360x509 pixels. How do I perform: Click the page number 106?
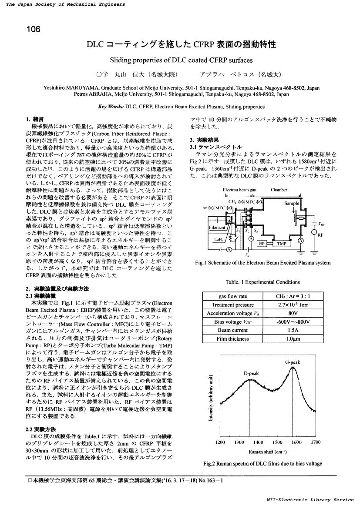tap(33, 30)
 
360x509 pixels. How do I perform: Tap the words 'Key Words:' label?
tap(111, 106)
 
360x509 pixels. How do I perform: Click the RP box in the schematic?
tap(262, 244)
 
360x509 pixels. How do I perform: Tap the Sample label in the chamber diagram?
tap(291, 203)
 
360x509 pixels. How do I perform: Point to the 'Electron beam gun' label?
tap(239, 190)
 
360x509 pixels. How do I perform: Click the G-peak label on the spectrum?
tap(292, 362)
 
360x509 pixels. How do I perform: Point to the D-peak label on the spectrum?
tap(251, 373)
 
